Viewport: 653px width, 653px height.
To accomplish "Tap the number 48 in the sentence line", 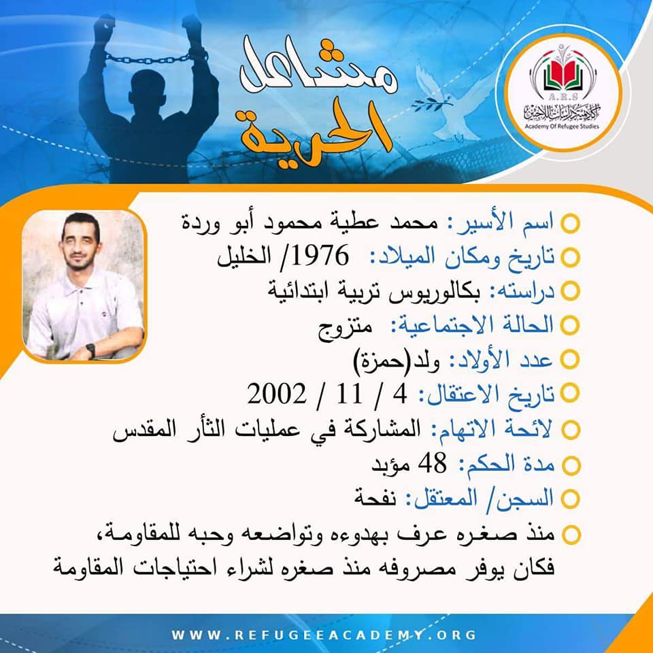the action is [x=432, y=463].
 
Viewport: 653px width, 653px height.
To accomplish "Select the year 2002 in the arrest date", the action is [x=277, y=394].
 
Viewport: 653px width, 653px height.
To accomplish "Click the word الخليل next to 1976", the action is [x=244, y=256].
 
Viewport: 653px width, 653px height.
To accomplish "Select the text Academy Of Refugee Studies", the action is [x=562, y=127].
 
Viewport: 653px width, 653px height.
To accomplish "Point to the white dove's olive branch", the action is [x=431, y=104].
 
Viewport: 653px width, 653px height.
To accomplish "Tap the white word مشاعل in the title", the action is [x=318, y=67].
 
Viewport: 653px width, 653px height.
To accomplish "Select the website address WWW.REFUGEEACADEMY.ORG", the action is [x=324, y=635].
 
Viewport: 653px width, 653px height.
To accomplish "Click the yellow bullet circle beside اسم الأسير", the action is [x=570, y=223].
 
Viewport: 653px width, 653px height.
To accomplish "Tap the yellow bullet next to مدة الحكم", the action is [x=571, y=465].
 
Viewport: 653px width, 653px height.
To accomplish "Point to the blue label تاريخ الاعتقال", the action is [x=486, y=395].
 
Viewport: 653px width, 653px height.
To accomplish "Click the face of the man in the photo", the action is [x=80, y=246].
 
